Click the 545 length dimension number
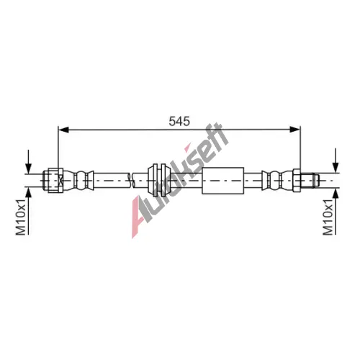click(x=179, y=121)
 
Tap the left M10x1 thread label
click(x=21, y=217)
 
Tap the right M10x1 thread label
click(x=328, y=217)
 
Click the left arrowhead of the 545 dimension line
click(x=63, y=130)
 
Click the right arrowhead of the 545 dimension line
click(x=295, y=130)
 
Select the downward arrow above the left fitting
click(x=29, y=161)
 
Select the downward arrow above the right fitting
click(x=336, y=161)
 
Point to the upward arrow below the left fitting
click(x=29, y=211)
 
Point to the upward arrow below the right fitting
click(x=336, y=211)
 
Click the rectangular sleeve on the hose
click(x=223, y=181)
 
